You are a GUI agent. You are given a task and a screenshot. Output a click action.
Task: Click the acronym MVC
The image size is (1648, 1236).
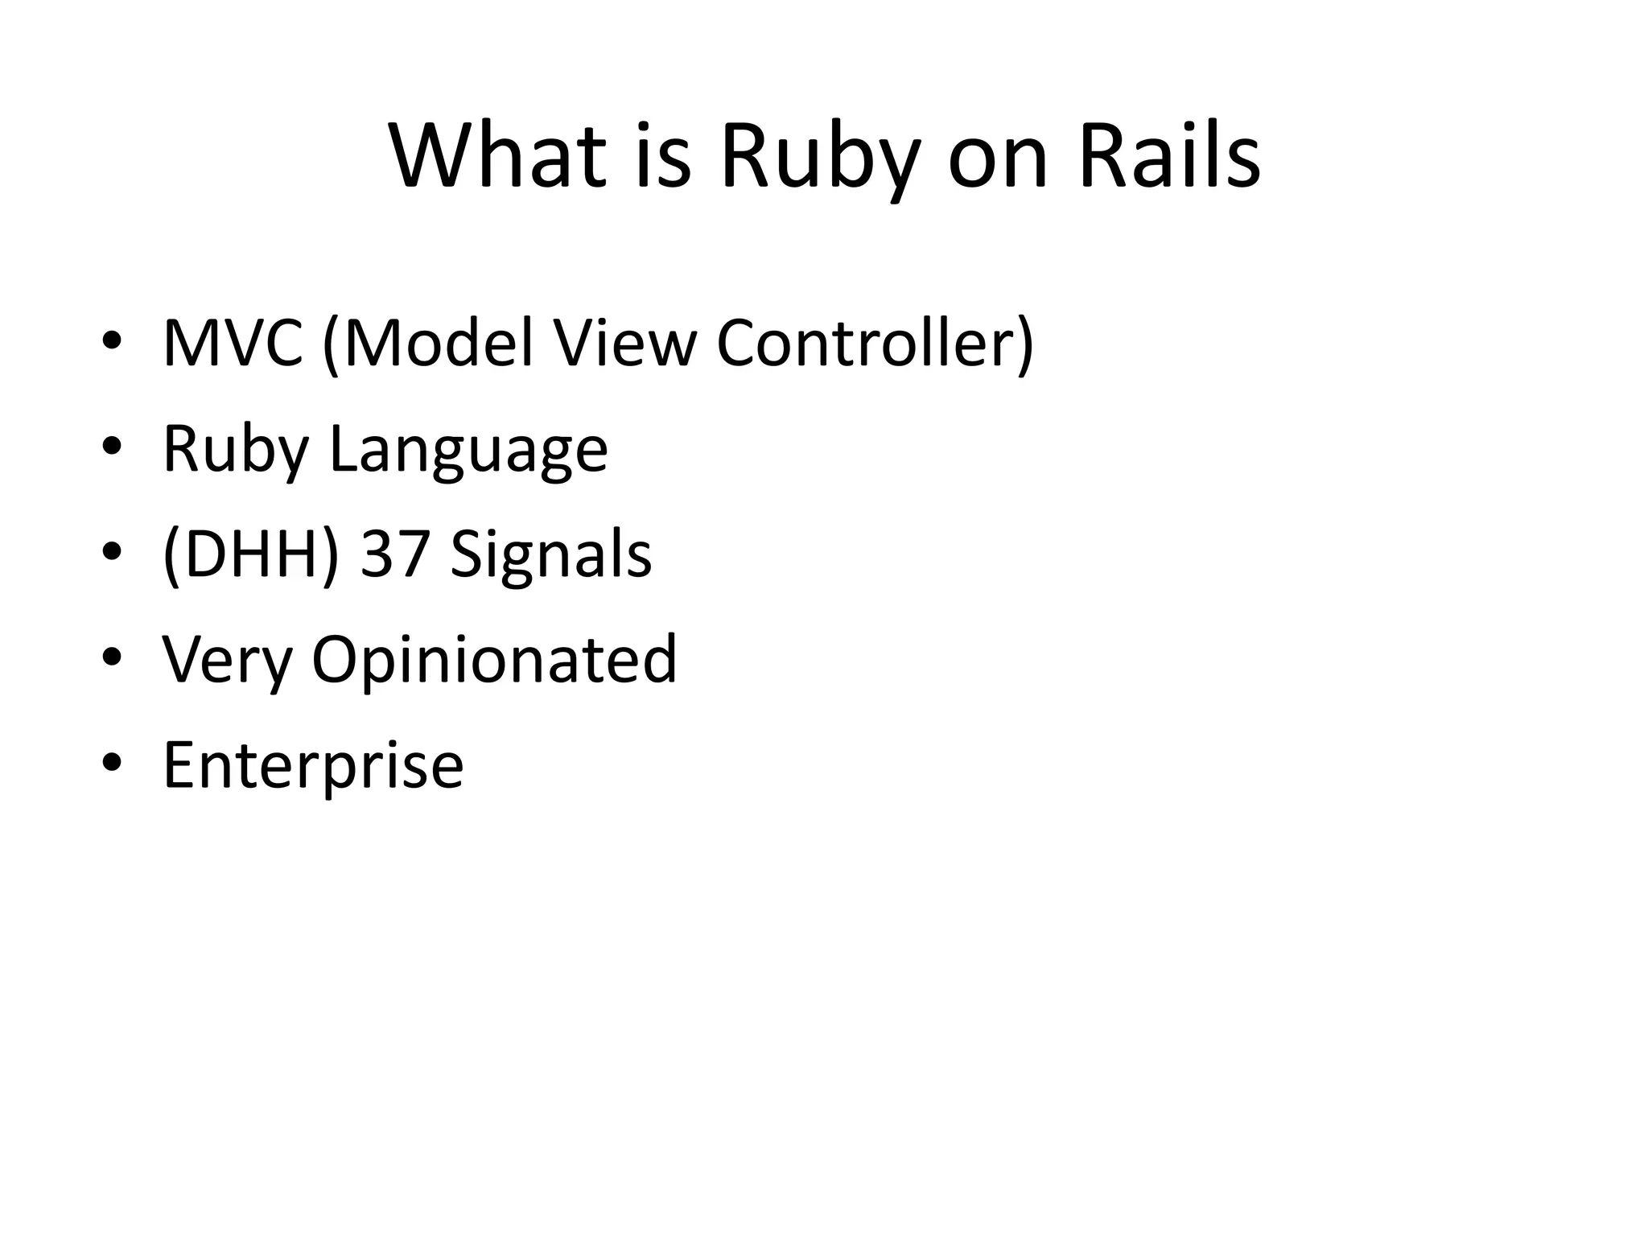(x=233, y=344)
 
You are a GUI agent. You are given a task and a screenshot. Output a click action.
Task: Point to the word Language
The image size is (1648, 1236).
(x=468, y=449)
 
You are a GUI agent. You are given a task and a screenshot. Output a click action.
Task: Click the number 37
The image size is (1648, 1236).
(x=394, y=554)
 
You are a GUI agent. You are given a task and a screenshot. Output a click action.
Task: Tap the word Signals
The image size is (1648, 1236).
(x=551, y=554)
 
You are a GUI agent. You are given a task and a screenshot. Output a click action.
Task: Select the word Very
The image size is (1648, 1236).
(x=227, y=660)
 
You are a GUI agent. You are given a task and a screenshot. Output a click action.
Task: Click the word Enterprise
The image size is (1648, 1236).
(x=313, y=765)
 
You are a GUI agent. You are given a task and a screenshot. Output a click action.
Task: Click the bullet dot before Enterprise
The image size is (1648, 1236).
(x=112, y=761)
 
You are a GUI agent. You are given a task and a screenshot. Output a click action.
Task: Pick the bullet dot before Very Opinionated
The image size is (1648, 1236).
(x=112, y=656)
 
